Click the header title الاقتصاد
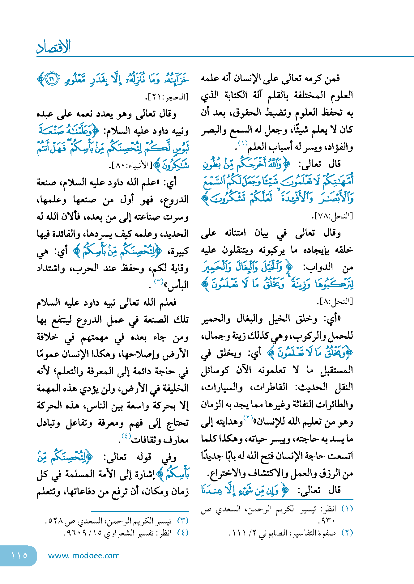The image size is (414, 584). [53, 47]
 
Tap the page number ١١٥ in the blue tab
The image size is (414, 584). [19, 556]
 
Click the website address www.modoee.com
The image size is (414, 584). [84, 556]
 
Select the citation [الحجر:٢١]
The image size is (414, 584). [167, 97]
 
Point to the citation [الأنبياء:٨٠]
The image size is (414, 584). [131, 166]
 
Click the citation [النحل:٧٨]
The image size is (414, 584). [334, 216]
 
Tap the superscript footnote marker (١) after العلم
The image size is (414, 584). [243, 143]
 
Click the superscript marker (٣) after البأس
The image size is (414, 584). [159, 281]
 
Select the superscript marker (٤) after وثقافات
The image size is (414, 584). [126, 436]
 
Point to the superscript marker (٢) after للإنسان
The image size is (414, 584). [248, 418]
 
